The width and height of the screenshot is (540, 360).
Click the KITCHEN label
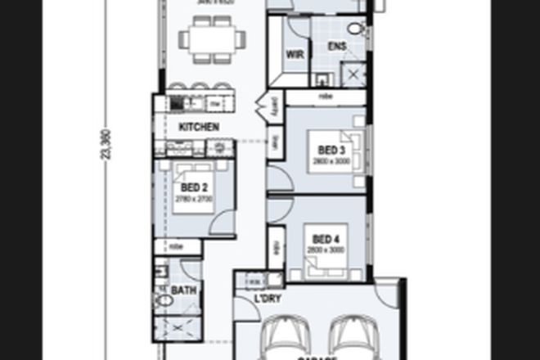tap(199, 127)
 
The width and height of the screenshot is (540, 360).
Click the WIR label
tap(295, 55)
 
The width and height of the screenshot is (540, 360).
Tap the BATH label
tap(183, 290)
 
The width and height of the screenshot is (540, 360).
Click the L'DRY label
tap(268, 299)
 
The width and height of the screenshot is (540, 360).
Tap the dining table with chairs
tap(212, 38)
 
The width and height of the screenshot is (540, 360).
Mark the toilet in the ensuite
tap(355, 29)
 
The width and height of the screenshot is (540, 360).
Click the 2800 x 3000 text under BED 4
tap(325, 250)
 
